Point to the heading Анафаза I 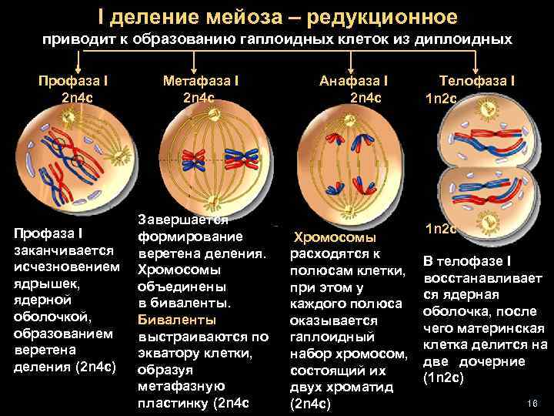pyautogui.click(x=354, y=80)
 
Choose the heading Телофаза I pyautogui.click(x=477, y=80)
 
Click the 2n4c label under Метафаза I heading pyautogui.click(x=199, y=97)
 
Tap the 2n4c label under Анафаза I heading pyautogui.click(x=365, y=97)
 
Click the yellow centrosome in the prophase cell pyautogui.click(x=67, y=118)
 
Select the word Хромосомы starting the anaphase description pyautogui.click(x=335, y=238)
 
